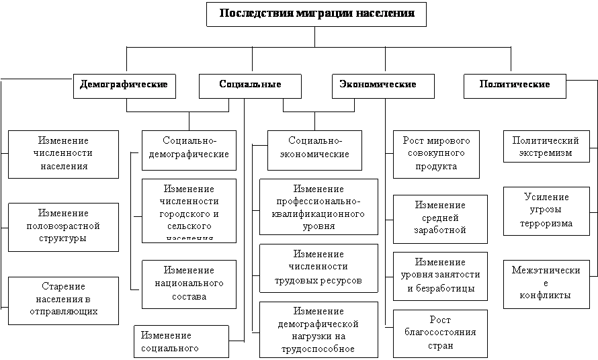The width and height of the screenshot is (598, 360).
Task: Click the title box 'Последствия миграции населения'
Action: pyautogui.click(x=316, y=14)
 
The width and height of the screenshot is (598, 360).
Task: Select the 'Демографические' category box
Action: pyautogui.click(x=124, y=85)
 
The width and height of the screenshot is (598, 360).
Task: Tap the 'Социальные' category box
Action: pyautogui.click(x=250, y=85)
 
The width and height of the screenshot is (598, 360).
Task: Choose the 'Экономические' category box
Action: pyautogui.click(x=378, y=85)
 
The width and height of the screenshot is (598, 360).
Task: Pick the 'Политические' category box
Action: pyautogui.click(x=515, y=85)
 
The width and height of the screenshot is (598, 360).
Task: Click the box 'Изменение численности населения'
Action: pyautogui.click(x=64, y=154)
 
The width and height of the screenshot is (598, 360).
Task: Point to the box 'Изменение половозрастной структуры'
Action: pyautogui.click(x=63, y=226)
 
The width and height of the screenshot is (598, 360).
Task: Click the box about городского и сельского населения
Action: pyautogui.click(x=189, y=210)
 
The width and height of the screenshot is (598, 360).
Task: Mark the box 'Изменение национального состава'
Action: pyautogui.click(x=189, y=283)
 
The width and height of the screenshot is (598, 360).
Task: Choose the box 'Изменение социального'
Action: pyautogui.click(x=181, y=342)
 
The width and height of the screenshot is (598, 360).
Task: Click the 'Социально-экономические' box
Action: pyautogui.click(x=315, y=149)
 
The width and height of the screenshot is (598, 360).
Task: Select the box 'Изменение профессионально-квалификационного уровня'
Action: pyautogui.click(x=318, y=207)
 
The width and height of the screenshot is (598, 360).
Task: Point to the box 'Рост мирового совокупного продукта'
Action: pyautogui.click(x=436, y=154)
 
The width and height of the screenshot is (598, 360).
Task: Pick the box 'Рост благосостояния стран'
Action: pyautogui.click(x=440, y=332)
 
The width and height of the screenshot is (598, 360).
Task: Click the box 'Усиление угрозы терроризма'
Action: pyautogui.click(x=546, y=211)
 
